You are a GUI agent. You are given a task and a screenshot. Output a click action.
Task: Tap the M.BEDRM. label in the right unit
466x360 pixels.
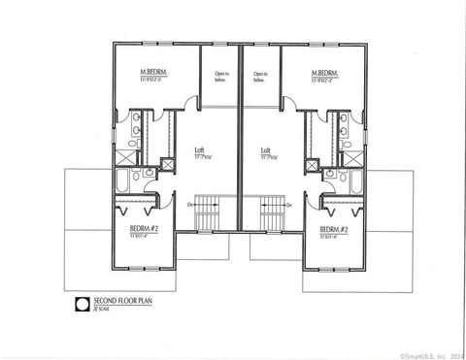coord(324,73)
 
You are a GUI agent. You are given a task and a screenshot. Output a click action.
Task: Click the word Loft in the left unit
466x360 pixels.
coord(199,150)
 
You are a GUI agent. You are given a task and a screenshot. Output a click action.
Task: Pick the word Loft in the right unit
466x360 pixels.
coord(265,150)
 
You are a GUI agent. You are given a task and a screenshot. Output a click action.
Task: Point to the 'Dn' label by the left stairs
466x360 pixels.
coord(189,205)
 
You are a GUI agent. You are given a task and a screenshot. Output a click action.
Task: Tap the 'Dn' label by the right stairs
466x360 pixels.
coord(289,205)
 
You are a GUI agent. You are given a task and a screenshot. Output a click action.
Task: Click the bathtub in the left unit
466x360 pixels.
coord(126,182)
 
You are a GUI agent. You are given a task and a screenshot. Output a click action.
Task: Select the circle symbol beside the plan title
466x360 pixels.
coord(84,304)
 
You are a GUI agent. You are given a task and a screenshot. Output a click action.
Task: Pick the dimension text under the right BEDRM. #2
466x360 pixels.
coord(333,235)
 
